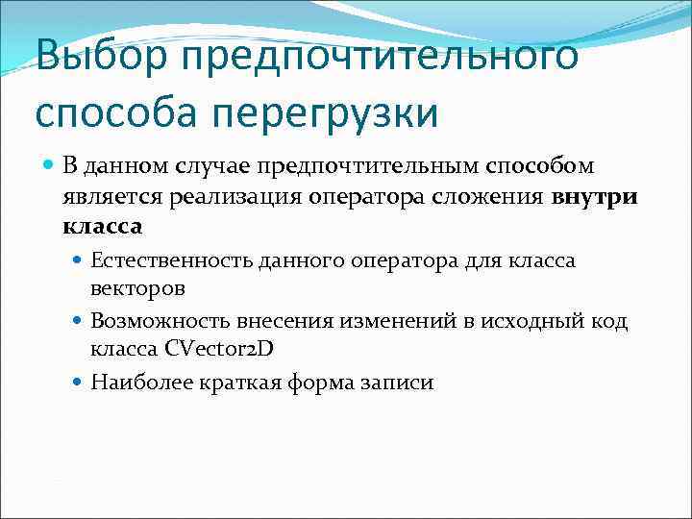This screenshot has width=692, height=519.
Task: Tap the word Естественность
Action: [x=165, y=260]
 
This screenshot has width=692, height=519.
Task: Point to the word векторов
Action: [x=138, y=287]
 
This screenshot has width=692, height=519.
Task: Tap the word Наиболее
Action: [x=137, y=382]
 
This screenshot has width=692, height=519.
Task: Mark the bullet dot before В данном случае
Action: [x=50, y=166]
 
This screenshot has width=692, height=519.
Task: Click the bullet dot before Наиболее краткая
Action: [x=79, y=383]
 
